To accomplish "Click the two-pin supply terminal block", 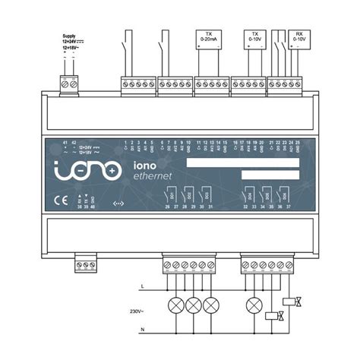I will tap(69, 85).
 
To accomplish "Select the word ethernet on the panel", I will tap(152, 176).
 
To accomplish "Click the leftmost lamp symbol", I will tap(176, 305).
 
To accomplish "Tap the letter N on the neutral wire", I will tap(144, 330).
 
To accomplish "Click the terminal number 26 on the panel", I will tap(167, 206).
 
